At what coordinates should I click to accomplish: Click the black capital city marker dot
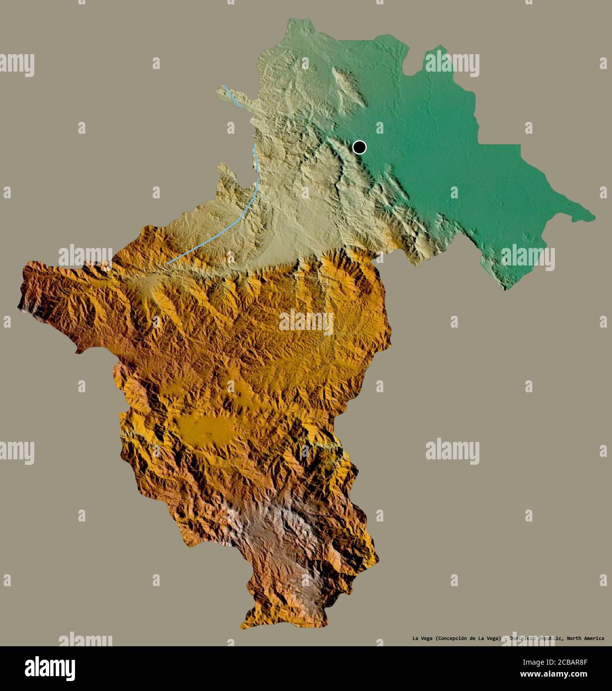[359, 147]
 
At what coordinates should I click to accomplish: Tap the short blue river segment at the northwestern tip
[233, 97]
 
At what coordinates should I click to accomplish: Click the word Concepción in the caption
[454, 638]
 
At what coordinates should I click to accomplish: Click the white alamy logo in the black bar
[50, 668]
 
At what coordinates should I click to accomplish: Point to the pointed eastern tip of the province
[594, 217]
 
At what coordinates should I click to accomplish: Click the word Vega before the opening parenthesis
[426, 638]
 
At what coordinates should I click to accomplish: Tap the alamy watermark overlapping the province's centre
[306, 322]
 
